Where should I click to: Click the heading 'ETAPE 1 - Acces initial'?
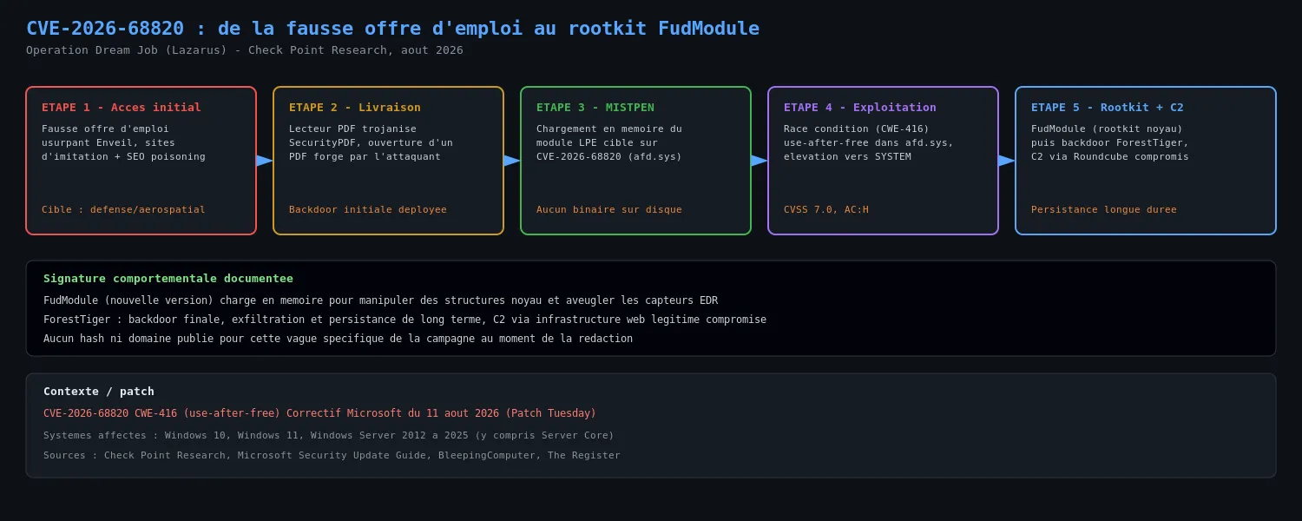(121, 108)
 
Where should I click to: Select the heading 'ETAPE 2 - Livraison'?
(354, 108)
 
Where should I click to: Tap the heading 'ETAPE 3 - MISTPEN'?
(595, 108)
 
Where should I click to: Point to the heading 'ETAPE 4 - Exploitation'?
(859, 108)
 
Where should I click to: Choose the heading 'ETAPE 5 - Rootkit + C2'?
(1108, 108)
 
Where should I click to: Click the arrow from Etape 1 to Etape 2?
(265, 161)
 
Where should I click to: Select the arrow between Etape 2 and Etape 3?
(512, 161)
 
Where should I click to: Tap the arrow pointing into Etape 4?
(759, 161)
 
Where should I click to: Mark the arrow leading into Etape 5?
(1007, 161)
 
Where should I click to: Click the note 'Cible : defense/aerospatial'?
(123, 209)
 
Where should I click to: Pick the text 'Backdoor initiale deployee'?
(368, 209)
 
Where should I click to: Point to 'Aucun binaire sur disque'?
(609, 209)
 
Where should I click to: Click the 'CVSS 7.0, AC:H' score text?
(826, 209)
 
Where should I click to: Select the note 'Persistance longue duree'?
(1104, 209)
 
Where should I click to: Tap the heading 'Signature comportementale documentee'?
(168, 279)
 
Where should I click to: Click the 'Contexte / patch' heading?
(99, 392)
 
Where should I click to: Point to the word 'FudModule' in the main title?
(708, 29)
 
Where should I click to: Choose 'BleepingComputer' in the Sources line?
(486, 455)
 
